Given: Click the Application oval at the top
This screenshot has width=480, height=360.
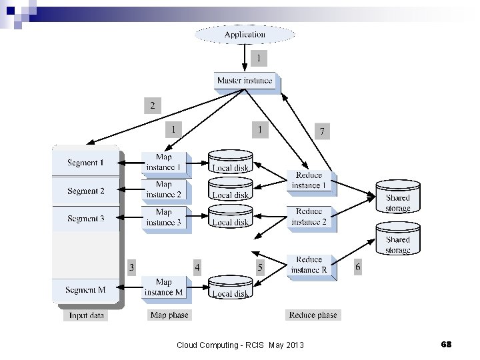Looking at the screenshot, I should point(245,35).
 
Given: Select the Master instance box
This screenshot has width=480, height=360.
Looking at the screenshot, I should point(245,81).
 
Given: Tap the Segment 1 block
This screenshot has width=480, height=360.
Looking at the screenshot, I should point(85,163).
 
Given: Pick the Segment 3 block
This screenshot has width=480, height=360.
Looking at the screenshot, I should point(85,219).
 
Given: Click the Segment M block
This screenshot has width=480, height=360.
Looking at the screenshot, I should point(85,290).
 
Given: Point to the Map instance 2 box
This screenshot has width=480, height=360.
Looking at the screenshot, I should point(164,190).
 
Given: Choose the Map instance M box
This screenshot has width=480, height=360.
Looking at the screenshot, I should point(164,287).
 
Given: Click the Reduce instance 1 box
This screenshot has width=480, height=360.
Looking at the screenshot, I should point(309,181).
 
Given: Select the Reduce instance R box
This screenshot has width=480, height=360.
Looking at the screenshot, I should point(309,265).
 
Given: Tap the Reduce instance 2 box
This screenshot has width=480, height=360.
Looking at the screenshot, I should point(309,217).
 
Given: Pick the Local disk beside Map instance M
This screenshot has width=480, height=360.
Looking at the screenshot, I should point(231,289).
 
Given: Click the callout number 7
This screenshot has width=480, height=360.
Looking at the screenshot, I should point(322,132).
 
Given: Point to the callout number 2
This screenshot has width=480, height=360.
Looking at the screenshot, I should point(153,105).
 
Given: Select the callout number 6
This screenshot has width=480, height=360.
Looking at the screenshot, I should point(358,267).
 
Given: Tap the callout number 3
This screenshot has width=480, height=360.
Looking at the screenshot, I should point(132,267).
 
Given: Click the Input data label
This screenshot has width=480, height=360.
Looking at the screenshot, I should point(87,315).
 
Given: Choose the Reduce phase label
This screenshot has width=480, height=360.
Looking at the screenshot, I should point(313,315).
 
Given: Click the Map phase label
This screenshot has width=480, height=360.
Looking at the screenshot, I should point(169,315).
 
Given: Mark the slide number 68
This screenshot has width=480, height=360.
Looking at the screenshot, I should point(446,344).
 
